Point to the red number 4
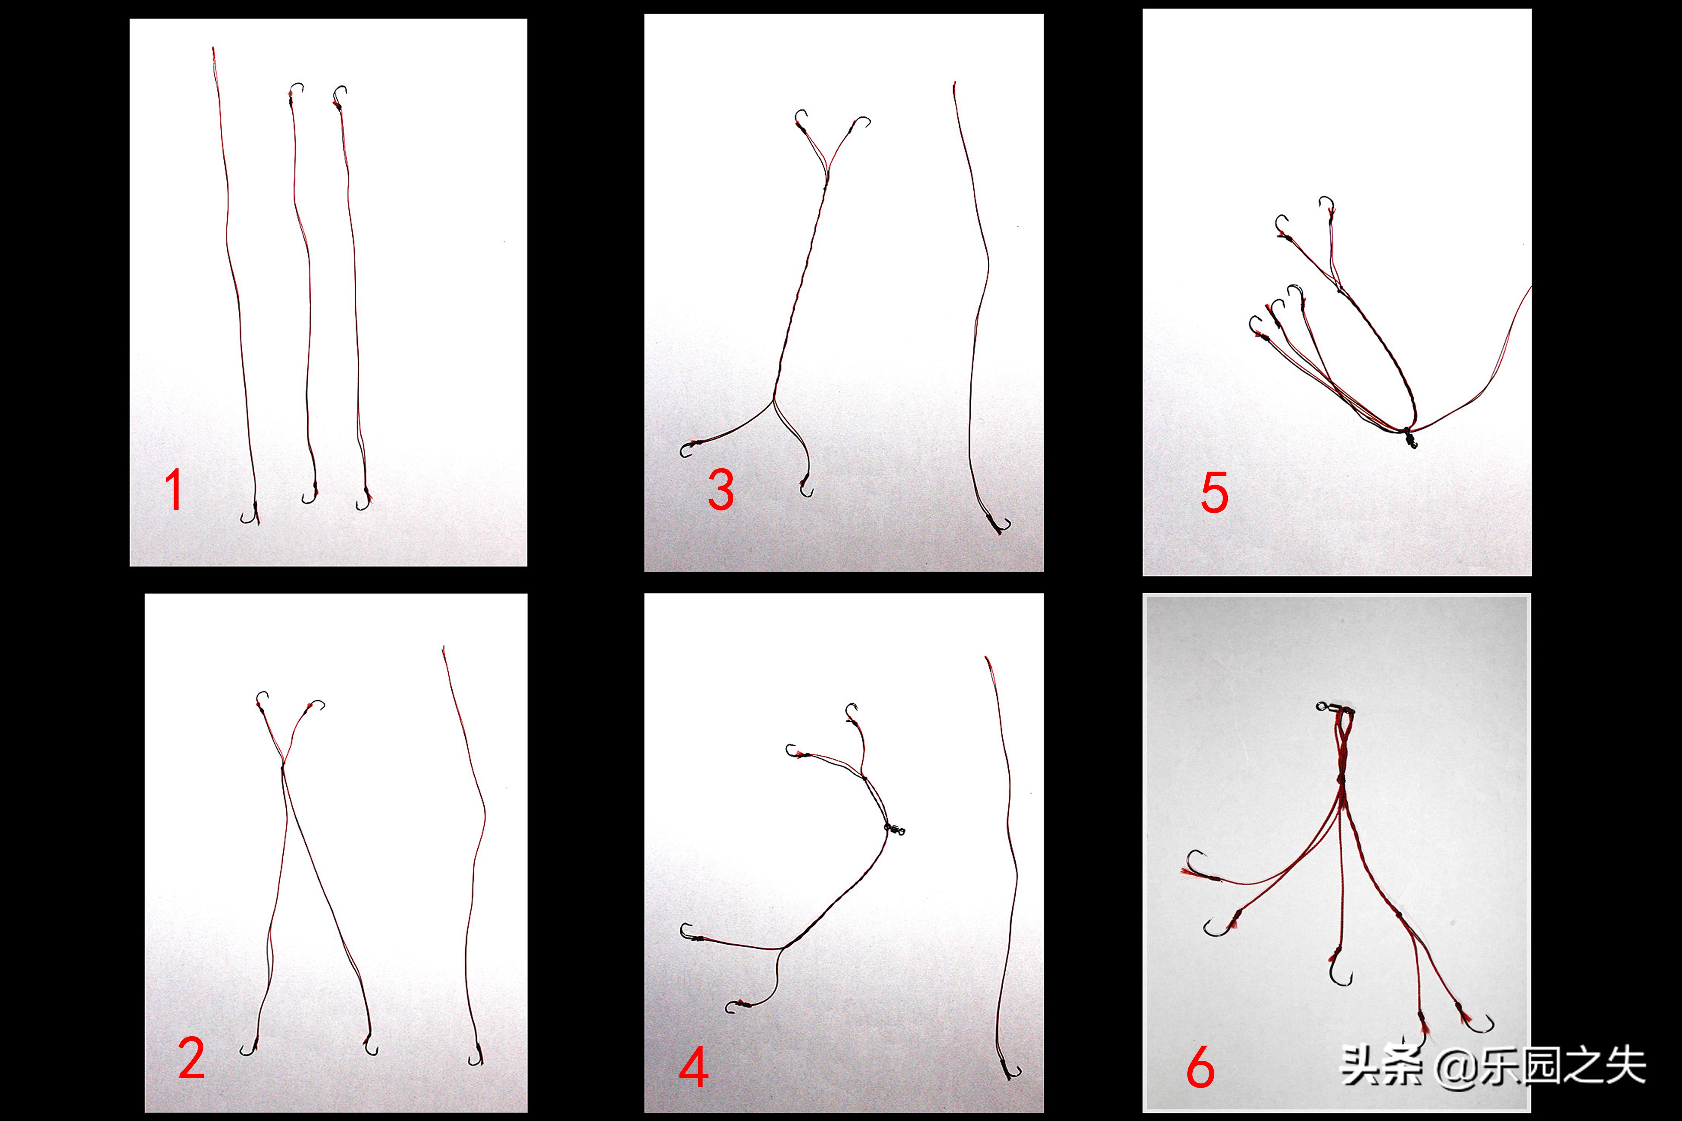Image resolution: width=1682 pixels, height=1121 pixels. point(694,1067)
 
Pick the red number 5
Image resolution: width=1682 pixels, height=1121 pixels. point(1214,493)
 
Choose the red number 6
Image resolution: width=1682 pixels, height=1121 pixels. point(1201,1067)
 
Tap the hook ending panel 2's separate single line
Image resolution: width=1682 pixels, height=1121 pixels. point(476,1056)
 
